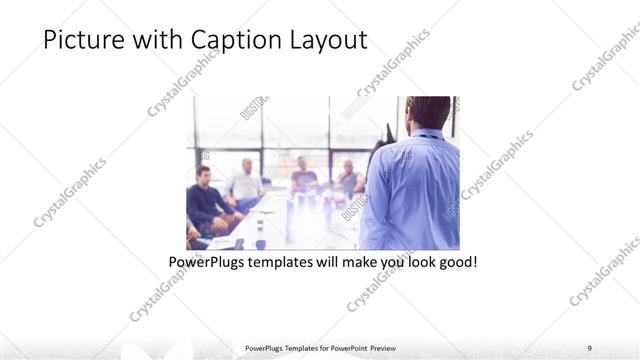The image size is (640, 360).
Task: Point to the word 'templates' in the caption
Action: tap(283, 262)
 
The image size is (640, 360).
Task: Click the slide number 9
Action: tap(589, 347)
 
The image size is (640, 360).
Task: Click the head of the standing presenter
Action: tap(428, 112)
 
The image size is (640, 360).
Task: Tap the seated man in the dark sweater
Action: tap(206, 200)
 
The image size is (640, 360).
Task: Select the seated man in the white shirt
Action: tap(243, 185)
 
